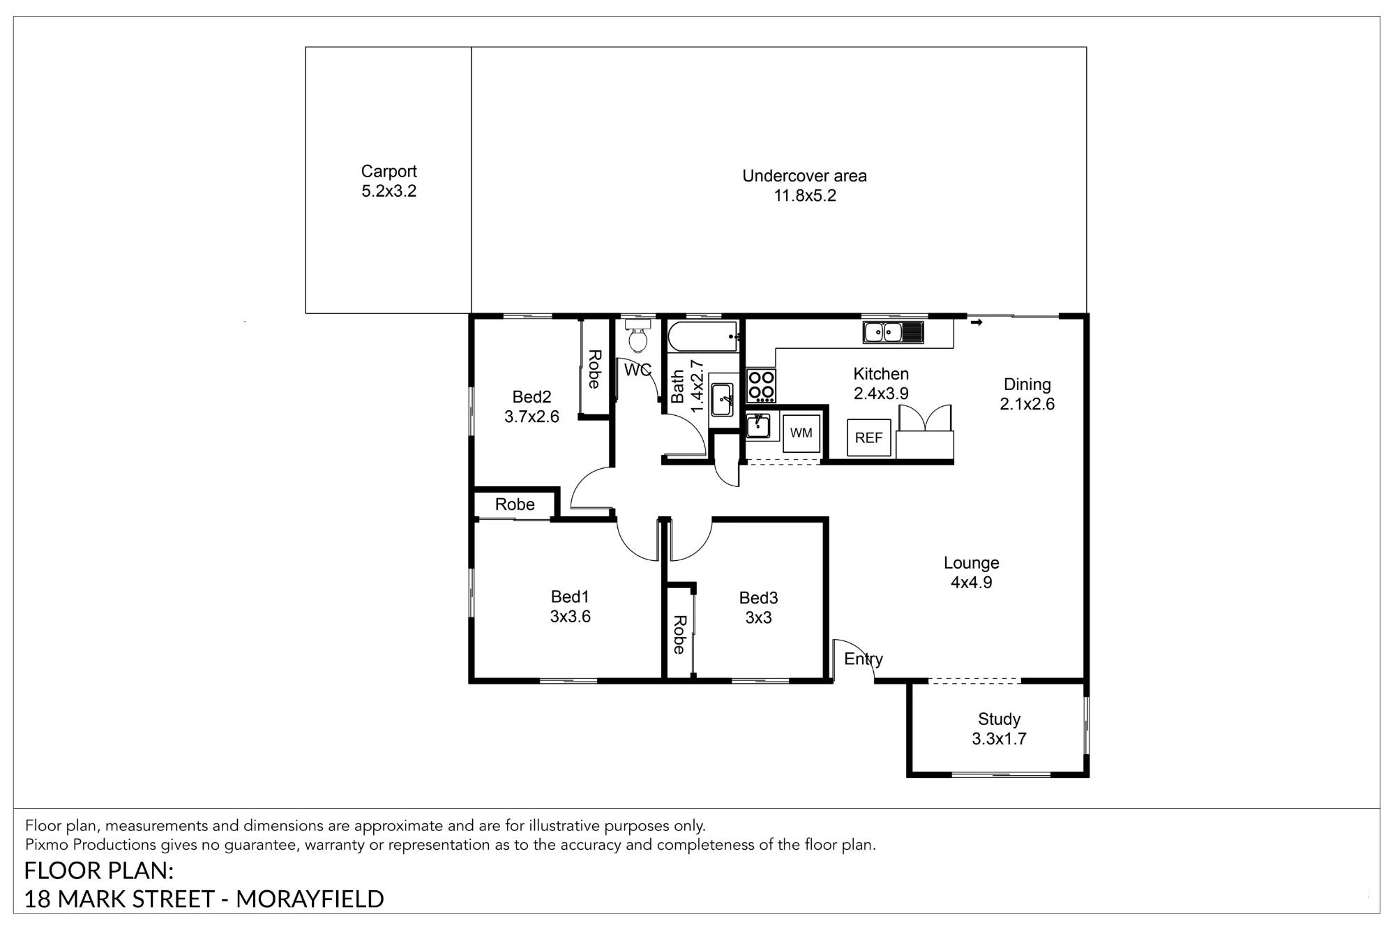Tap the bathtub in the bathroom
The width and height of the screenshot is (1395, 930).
click(703, 336)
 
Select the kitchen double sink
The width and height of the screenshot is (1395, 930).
click(893, 332)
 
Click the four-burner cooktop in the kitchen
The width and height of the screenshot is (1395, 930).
click(761, 386)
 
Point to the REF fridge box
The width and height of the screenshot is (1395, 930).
click(869, 438)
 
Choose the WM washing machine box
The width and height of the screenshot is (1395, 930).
click(801, 433)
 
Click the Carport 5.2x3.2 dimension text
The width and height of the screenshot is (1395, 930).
click(389, 191)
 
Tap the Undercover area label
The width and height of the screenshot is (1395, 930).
click(804, 176)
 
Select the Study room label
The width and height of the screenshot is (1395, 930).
click(999, 719)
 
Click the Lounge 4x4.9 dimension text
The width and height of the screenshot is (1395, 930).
click(971, 583)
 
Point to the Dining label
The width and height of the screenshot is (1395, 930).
click(1027, 384)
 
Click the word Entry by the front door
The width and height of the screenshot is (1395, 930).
click(864, 659)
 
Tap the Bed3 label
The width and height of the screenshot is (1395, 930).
click(758, 598)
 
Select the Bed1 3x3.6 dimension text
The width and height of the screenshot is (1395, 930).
click(570, 617)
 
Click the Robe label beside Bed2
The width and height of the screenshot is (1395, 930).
click(594, 369)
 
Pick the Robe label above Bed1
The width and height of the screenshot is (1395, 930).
click(515, 504)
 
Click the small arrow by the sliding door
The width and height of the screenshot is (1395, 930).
click(976, 322)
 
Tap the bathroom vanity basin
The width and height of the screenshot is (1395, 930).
click(721, 400)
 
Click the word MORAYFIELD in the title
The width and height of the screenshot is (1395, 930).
click(310, 899)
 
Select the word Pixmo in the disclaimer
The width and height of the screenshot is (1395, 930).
click(47, 845)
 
